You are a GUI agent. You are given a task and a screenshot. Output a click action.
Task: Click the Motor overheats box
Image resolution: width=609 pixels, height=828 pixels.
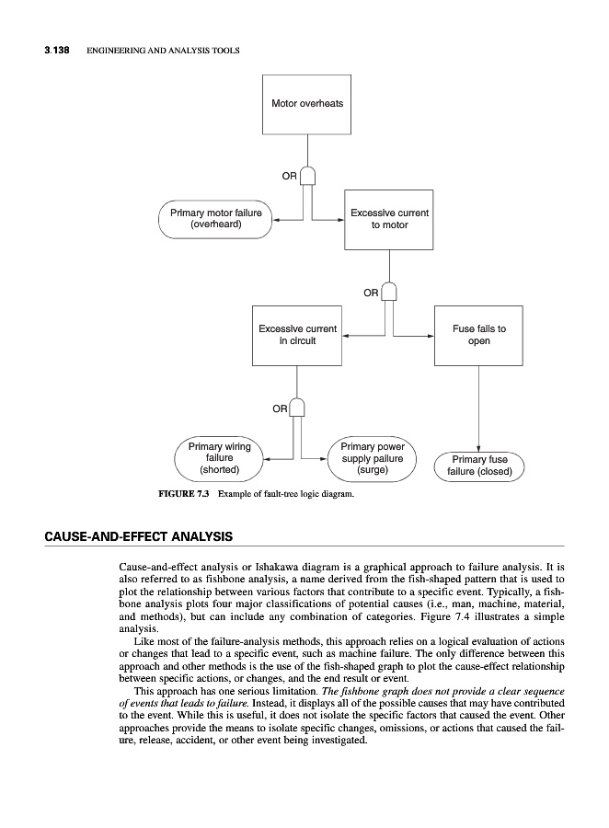(307, 102)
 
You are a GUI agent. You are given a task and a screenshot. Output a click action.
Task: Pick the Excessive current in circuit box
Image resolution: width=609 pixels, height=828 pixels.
(297, 335)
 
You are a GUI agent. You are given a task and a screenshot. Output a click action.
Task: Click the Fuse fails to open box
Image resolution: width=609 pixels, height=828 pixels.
(478, 335)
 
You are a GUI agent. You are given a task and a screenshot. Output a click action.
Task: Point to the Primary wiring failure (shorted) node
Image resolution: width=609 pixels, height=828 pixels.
(220, 458)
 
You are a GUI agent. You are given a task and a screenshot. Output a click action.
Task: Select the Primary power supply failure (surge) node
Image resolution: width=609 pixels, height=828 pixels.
(373, 458)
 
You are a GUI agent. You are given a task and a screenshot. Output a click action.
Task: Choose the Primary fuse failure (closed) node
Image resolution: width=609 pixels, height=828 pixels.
(479, 466)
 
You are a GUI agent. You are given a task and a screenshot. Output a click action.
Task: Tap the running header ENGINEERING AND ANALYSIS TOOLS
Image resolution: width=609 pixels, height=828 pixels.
(163, 51)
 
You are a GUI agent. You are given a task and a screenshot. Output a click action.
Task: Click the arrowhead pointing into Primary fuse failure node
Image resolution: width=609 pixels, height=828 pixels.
(478, 447)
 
